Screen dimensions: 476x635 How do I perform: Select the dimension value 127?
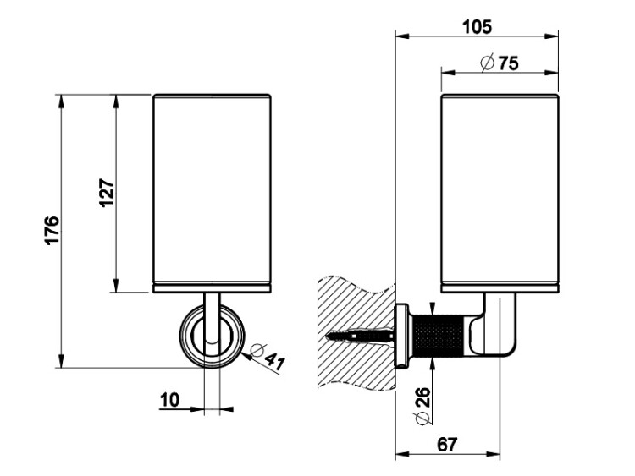107,194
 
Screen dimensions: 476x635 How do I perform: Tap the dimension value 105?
478,26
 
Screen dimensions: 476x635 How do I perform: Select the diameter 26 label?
422,408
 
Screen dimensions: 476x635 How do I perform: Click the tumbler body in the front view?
213,191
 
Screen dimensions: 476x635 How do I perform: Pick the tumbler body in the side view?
500,191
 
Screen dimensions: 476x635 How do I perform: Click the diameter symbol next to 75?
486,63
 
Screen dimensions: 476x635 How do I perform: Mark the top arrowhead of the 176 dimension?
62,101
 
